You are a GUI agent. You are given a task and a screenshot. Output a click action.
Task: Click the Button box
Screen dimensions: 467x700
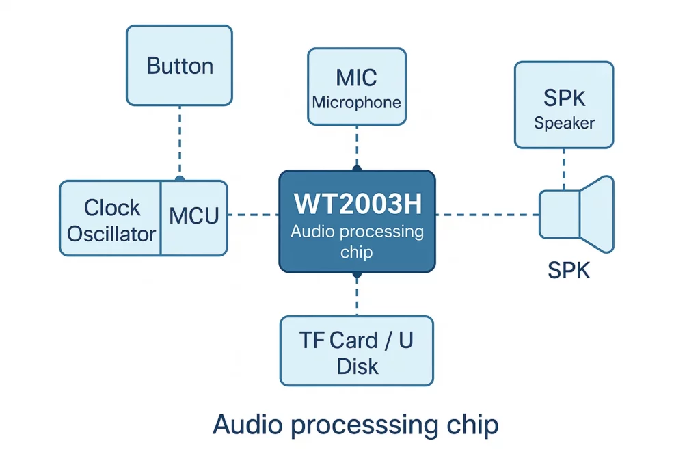[x=179, y=66]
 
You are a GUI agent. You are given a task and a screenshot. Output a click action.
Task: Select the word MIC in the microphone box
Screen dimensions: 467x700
[x=356, y=77]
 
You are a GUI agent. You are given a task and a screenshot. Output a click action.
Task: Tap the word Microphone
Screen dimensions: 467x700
[x=356, y=103]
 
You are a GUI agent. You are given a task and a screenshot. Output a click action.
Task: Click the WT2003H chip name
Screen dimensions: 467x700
[x=356, y=204]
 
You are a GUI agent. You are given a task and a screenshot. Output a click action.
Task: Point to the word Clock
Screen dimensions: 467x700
[x=112, y=207]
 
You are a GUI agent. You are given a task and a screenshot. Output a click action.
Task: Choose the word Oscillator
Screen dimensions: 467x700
[x=111, y=234]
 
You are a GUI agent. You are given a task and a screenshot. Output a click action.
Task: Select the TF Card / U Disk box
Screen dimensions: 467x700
[x=356, y=351]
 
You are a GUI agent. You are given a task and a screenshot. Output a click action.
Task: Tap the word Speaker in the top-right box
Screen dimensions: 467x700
[x=564, y=124]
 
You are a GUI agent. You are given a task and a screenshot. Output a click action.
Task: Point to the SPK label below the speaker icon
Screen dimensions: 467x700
[x=569, y=271]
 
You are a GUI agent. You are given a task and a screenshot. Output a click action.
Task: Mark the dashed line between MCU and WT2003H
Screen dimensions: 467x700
[x=253, y=215]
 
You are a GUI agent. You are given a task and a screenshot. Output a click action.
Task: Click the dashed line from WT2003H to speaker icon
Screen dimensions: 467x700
[x=487, y=215]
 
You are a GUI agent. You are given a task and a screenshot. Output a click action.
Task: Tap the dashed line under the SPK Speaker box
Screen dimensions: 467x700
[x=564, y=168]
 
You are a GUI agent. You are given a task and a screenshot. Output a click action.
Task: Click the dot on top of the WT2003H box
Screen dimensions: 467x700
[x=356, y=168]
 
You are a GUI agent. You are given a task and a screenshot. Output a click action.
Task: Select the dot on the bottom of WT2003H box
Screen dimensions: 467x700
[x=356, y=274]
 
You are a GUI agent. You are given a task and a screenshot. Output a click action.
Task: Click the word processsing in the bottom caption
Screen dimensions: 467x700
[x=373, y=425]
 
